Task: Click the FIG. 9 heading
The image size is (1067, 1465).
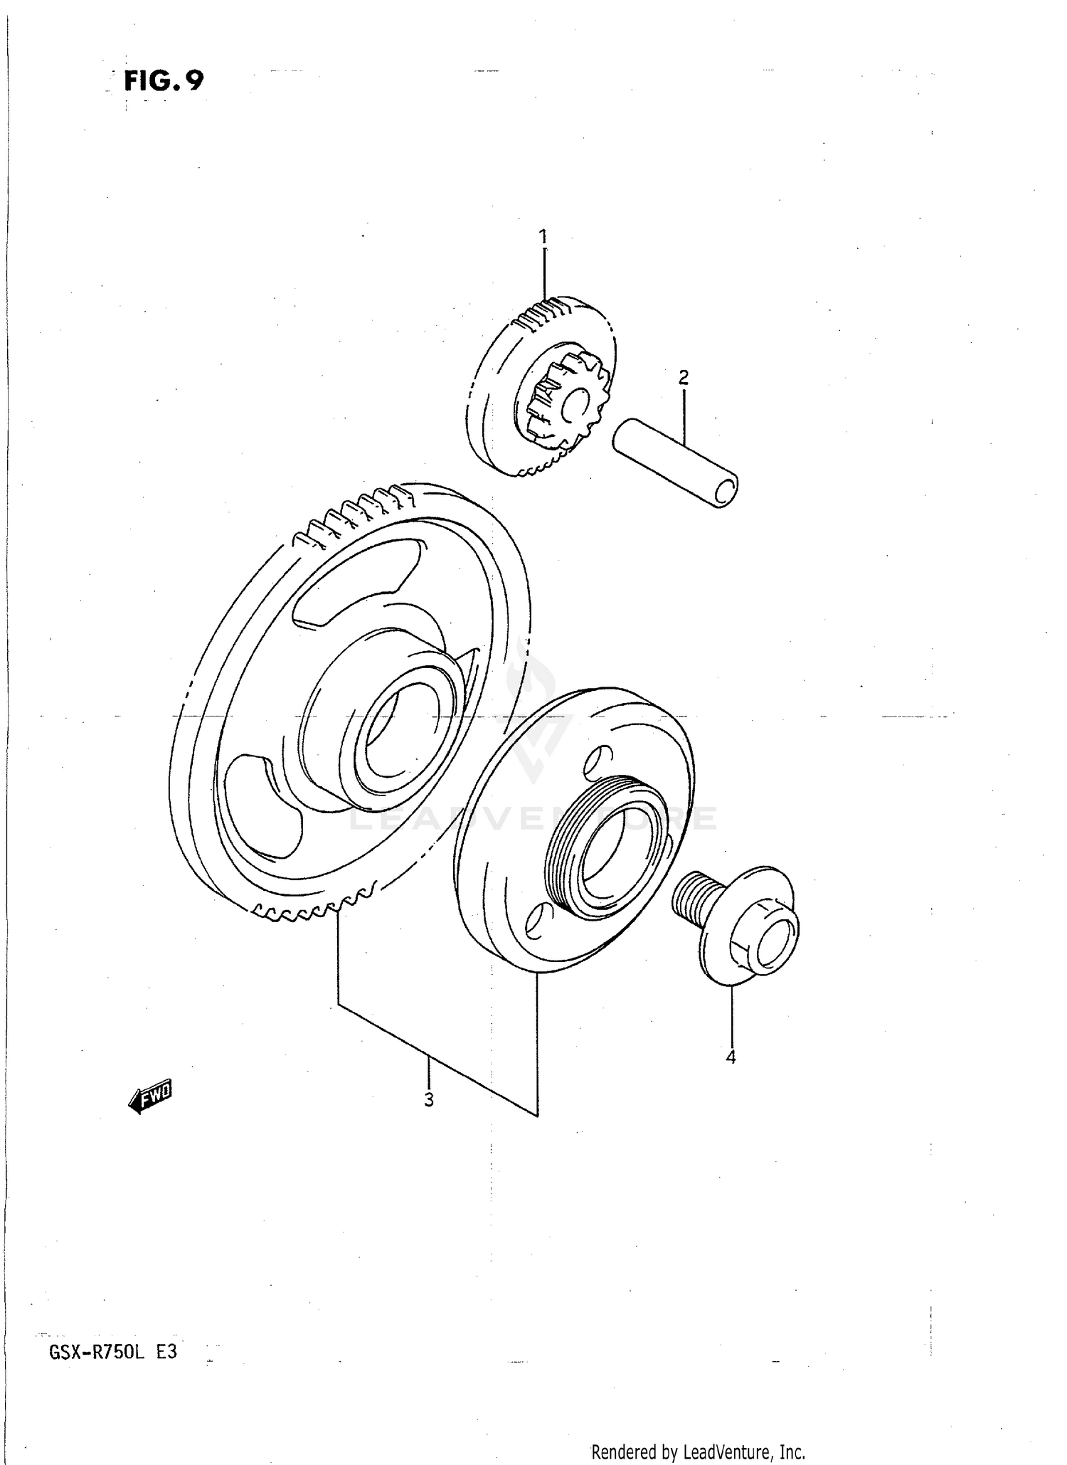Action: [x=164, y=80]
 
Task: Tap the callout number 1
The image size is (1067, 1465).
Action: [x=543, y=236]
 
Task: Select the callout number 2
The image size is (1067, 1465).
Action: [x=683, y=377]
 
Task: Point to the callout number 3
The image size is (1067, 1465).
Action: [x=428, y=1099]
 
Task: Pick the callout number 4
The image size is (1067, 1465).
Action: [x=731, y=1058]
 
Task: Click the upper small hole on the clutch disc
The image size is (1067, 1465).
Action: [x=596, y=759]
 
